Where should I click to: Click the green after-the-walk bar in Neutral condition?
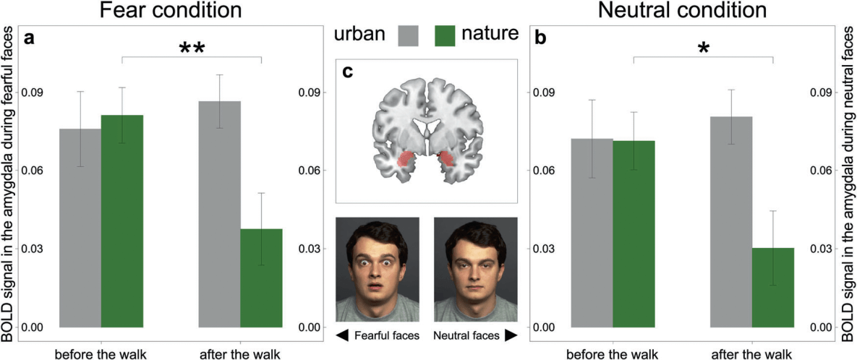click(772, 287)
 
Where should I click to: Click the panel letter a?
click(30, 38)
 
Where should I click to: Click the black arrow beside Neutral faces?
click(510, 335)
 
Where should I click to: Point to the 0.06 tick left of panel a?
click(33, 171)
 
